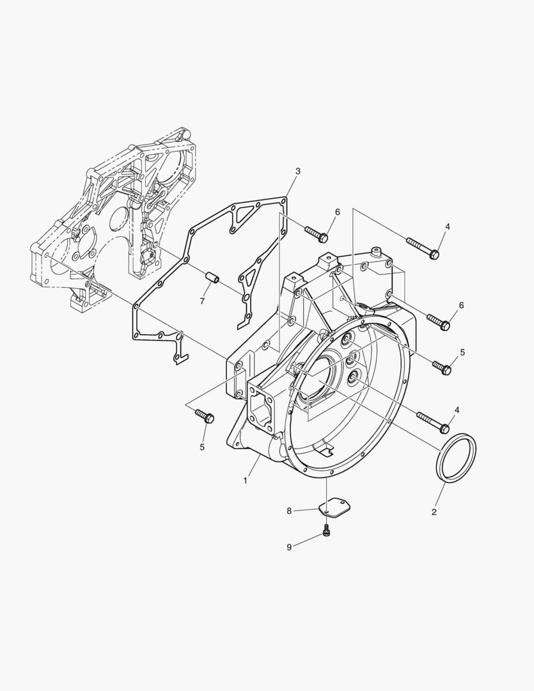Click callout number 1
[x=246, y=481]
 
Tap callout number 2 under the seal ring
[x=434, y=512]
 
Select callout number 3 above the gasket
[x=298, y=171]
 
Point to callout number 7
[x=202, y=301]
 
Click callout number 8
[x=289, y=511]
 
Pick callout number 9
[x=289, y=547]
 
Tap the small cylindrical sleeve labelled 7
[x=213, y=280]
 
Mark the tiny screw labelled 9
[x=327, y=530]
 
